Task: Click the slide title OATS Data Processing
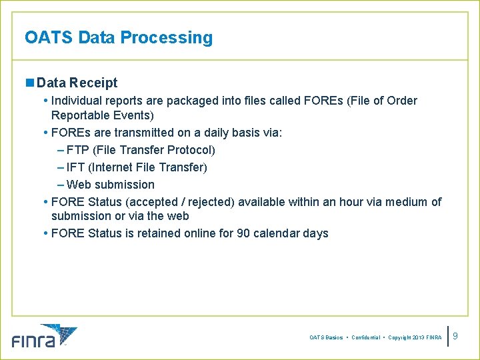119,37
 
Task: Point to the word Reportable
80,115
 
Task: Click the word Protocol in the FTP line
189,150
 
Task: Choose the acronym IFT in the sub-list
75,167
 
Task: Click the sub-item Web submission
110,185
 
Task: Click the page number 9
465,337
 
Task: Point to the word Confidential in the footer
366,338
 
